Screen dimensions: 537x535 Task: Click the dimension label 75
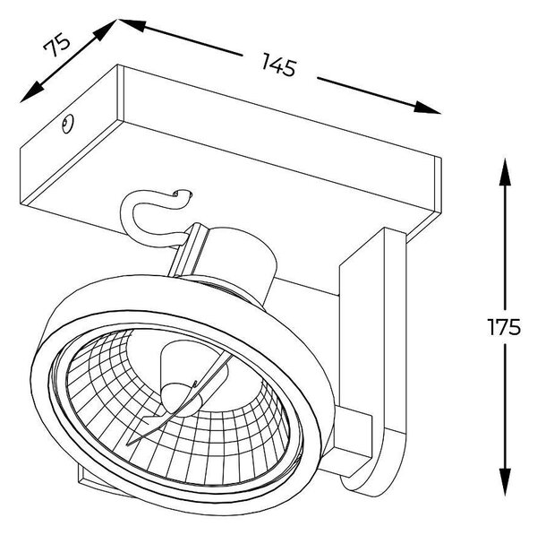[x=56, y=45]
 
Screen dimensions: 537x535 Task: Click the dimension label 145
[x=278, y=65]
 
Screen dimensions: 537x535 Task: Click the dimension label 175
[x=504, y=327]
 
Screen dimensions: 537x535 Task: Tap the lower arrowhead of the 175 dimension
[x=505, y=482]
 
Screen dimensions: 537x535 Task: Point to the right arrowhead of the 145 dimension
[x=426, y=108]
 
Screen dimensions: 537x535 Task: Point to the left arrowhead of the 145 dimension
[x=132, y=25]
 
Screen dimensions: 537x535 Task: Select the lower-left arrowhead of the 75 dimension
[x=32, y=92]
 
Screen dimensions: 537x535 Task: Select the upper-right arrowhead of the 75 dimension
[x=105, y=30]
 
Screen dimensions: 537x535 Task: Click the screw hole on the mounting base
[x=67, y=123]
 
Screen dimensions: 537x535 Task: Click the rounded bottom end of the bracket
[x=373, y=480]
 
